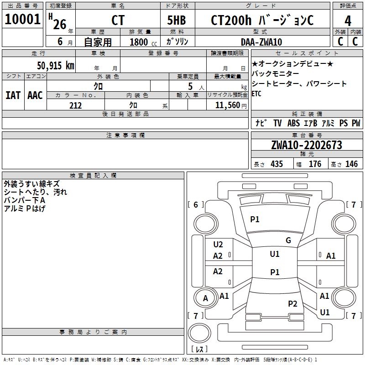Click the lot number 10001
[22, 20]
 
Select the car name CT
[118, 21]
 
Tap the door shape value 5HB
[177, 21]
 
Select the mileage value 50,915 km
[55, 65]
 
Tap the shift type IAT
[13, 95]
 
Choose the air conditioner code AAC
[35, 95]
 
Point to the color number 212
[75, 105]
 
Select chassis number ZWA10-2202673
[306, 145]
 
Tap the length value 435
[276, 164]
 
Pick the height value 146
[351, 164]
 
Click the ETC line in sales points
[257, 94]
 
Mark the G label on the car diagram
[288, 240]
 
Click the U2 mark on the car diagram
[218, 245]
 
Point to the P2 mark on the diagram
[292, 304]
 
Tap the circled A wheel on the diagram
[205, 299]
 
